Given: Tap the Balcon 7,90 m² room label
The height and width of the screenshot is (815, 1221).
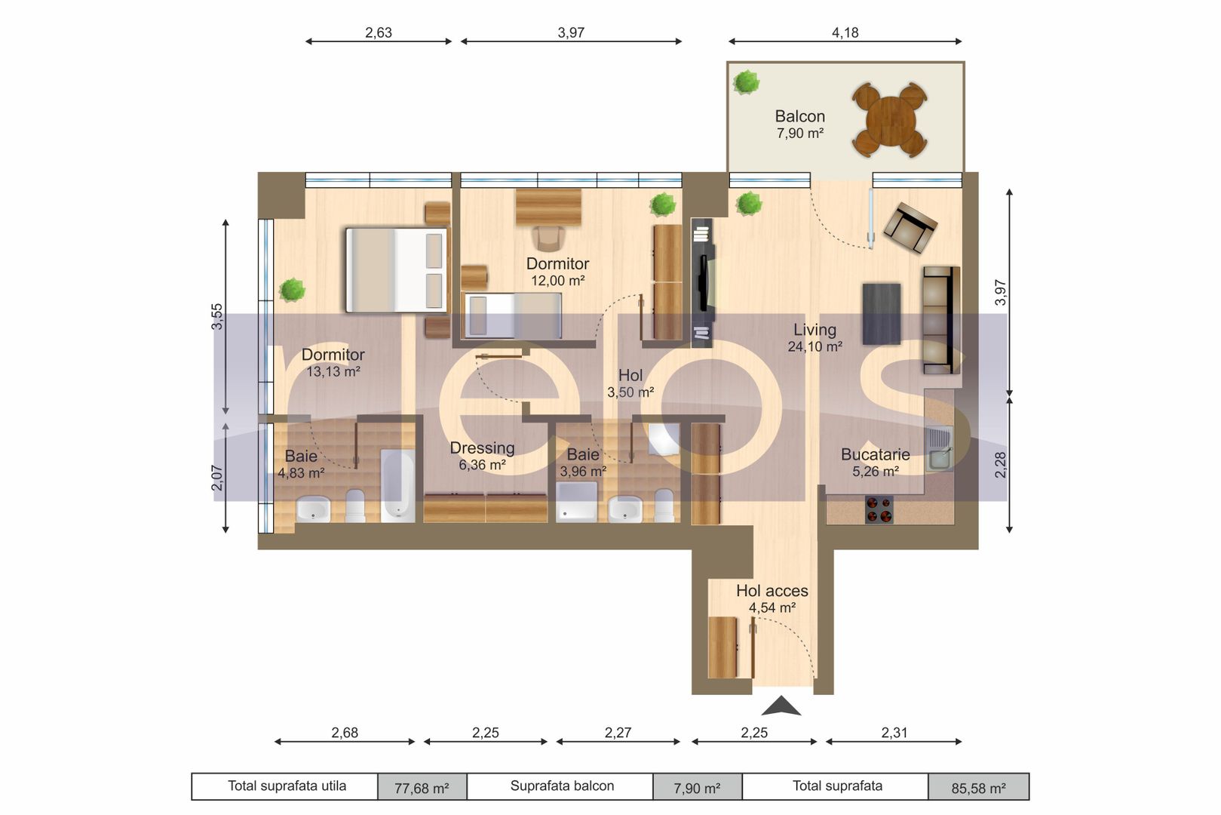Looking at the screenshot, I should pyautogui.click(x=799, y=125).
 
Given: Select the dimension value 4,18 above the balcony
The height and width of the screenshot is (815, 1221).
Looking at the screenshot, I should pyautogui.click(x=845, y=32).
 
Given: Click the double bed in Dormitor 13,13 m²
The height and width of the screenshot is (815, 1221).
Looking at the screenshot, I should pyautogui.click(x=396, y=270).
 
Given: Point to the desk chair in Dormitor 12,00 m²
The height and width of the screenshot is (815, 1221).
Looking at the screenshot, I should pyautogui.click(x=548, y=238).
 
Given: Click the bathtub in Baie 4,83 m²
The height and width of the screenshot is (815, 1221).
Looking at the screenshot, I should pyautogui.click(x=397, y=485).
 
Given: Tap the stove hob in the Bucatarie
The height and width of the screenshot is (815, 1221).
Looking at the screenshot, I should pyautogui.click(x=879, y=509).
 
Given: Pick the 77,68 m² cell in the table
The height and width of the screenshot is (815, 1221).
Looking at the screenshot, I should pyautogui.click(x=422, y=788).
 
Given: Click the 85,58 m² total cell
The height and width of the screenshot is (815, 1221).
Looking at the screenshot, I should pyautogui.click(x=978, y=788).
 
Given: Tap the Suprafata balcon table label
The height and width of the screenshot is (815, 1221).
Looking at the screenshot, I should pyautogui.click(x=562, y=786).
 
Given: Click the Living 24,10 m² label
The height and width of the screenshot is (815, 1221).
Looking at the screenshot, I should pyautogui.click(x=815, y=337).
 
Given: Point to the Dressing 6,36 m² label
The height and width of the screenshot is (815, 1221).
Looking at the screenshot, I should pyautogui.click(x=482, y=456).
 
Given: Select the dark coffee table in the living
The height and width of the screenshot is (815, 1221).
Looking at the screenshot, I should pyautogui.click(x=882, y=313).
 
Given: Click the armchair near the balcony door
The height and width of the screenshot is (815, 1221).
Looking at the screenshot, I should pyautogui.click(x=910, y=226).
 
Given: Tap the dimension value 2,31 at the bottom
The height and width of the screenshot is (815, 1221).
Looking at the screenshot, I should pyautogui.click(x=894, y=732).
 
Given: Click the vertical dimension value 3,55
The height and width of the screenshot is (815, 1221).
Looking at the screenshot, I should pyautogui.click(x=217, y=316).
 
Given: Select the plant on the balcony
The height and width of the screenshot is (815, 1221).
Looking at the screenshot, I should pyautogui.click(x=746, y=81).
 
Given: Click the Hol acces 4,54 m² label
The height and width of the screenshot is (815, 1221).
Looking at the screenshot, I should pyautogui.click(x=772, y=598).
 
